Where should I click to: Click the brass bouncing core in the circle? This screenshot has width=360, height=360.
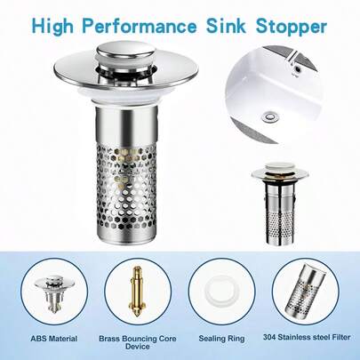pyautogui.click(x=138, y=290)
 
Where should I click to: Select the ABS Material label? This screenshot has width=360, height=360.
pyautogui.click(x=52, y=339)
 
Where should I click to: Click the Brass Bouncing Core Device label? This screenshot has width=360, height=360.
pyautogui.click(x=137, y=343)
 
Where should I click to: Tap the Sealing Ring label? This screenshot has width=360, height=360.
pyautogui.click(x=222, y=339)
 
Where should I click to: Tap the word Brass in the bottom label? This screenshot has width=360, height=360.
pyautogui.click(x=111, y=339)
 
